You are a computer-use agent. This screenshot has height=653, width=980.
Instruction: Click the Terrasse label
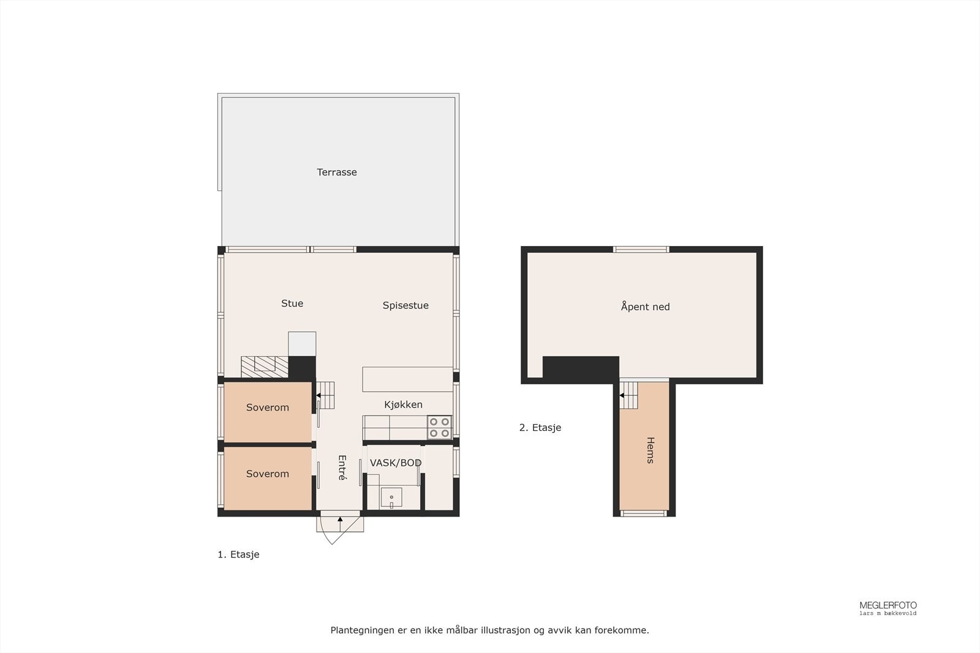coord(337,172)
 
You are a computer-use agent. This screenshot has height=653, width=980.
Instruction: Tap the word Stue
coord(292,304)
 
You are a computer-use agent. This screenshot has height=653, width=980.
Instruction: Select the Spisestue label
coord(405,305)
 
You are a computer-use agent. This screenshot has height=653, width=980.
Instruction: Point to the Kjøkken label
coord(403,405)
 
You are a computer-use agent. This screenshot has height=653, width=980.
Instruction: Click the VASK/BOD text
coord(396,463)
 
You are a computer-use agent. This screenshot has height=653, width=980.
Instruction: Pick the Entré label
coord(342,468)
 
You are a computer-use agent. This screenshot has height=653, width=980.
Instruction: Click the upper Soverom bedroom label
coord(268,408)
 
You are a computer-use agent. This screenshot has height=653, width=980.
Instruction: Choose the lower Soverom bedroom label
coord(268,474)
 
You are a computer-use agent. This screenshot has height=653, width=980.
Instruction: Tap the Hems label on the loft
coord(650,450)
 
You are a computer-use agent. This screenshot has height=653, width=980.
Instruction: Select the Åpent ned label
coord(645,307)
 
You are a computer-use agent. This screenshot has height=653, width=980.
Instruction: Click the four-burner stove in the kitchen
coord(439,427)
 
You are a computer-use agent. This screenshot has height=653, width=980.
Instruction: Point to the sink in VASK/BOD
coord(391,498)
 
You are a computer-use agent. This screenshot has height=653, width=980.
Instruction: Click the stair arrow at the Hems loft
coord(622,396)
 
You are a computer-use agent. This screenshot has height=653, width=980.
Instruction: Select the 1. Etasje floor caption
coord(238,554)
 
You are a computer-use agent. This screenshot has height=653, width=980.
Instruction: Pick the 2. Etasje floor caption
coord(540,428)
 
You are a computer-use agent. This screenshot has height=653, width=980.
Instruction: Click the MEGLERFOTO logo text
coord(888,605)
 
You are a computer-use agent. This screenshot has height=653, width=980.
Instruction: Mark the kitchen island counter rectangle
coord(407,379)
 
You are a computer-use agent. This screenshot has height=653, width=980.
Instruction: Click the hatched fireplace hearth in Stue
coord(265,366)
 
